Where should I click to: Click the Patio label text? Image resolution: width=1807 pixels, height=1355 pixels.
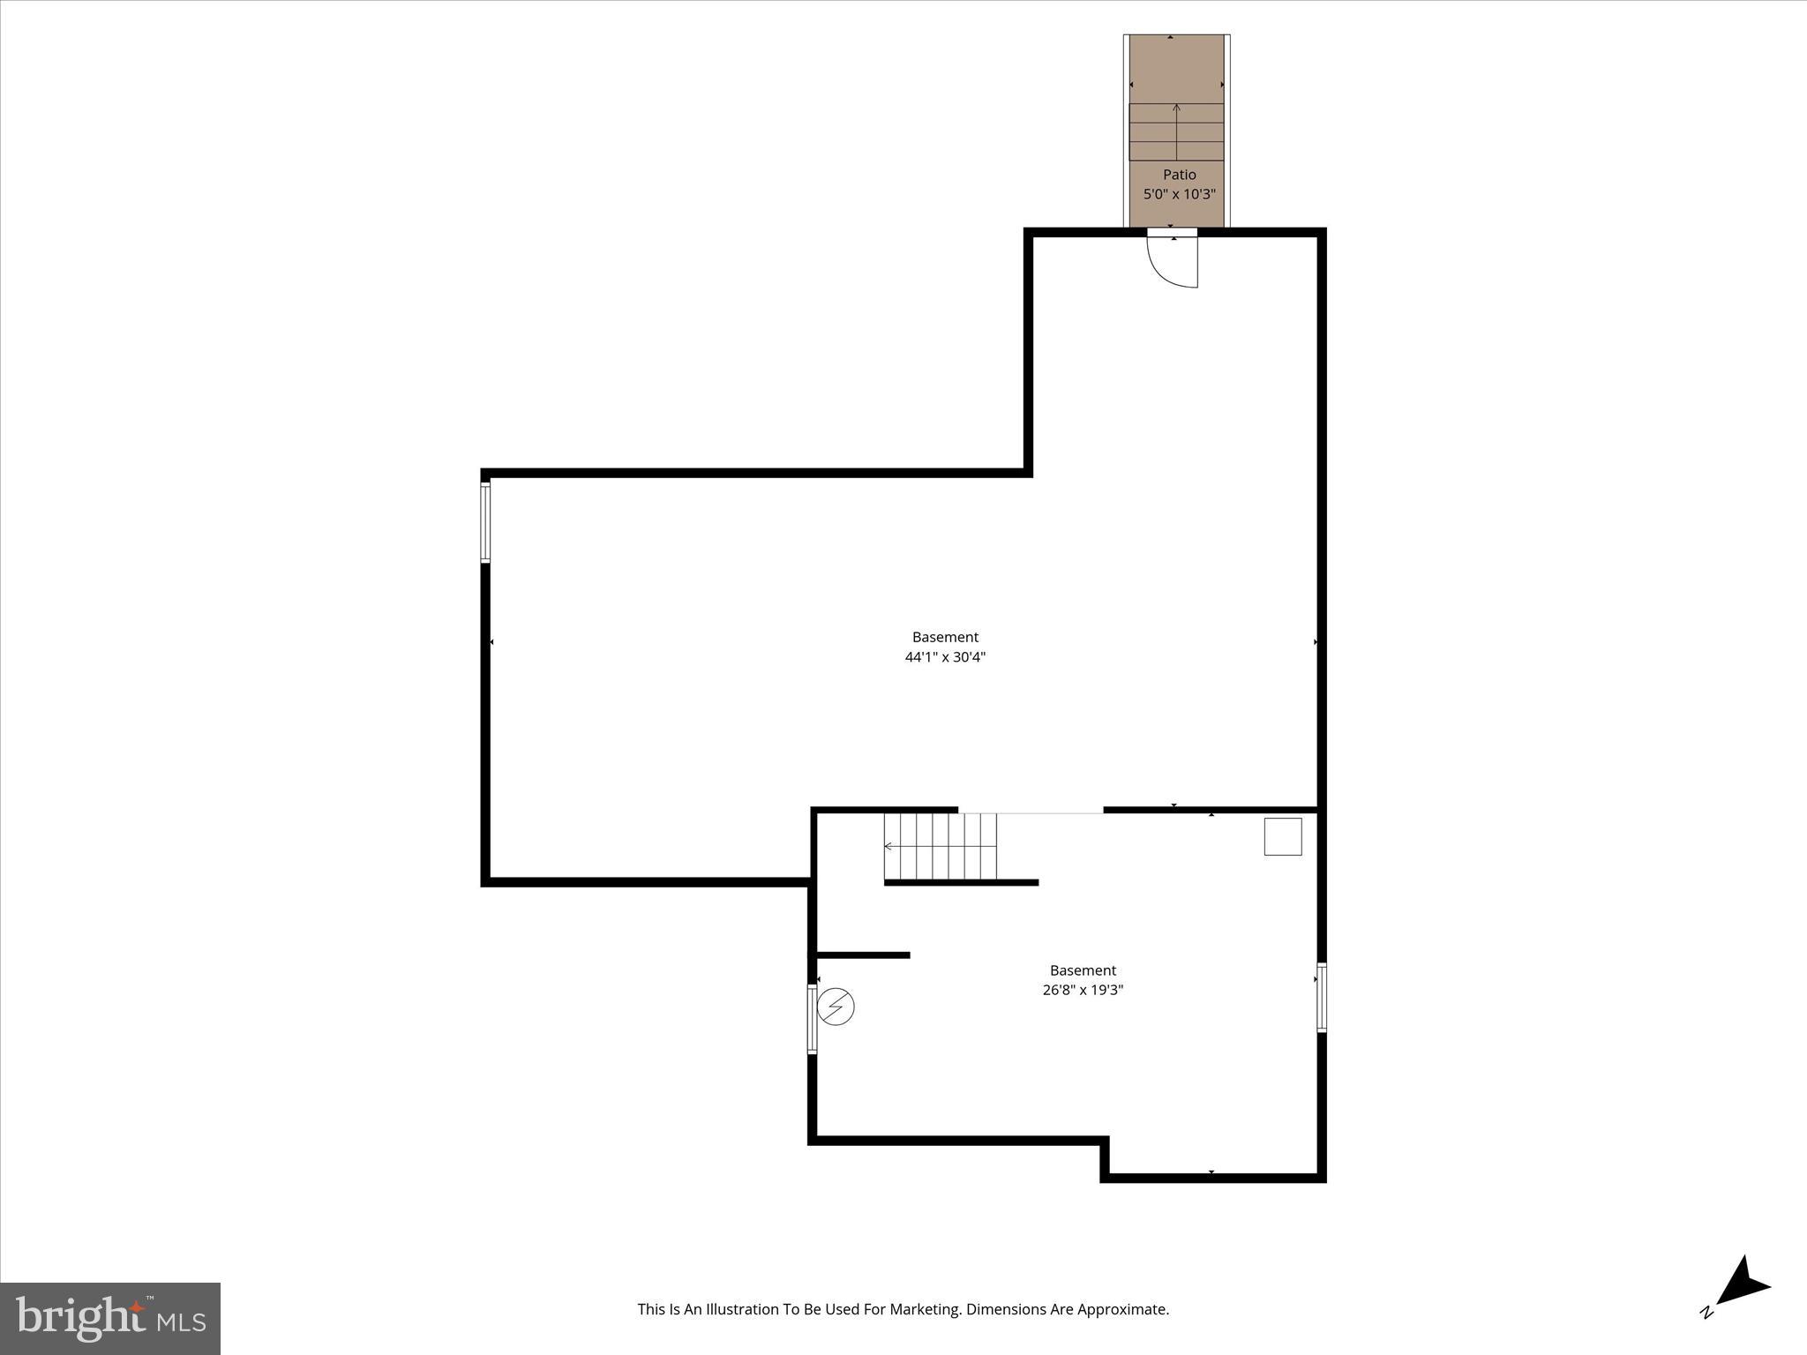point(1179,175)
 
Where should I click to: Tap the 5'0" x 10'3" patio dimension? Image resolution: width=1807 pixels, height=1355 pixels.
point(1179,194)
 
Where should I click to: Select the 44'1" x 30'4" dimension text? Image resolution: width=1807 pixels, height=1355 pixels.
point(945,656)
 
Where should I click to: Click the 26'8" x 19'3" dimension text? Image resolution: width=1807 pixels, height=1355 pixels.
point(1083,990)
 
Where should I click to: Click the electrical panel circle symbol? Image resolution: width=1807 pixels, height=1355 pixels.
point(836,1007)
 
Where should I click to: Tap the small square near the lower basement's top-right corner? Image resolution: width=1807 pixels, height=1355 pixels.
point(1282,836)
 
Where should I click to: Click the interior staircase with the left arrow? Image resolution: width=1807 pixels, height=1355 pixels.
point(941,846)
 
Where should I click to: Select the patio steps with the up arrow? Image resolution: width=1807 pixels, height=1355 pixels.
point(1176,132)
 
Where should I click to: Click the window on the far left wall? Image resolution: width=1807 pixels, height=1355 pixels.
point(485,522)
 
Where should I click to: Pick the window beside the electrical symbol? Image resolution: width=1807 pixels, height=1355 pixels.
point(812,1019)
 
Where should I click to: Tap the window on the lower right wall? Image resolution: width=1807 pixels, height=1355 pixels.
point(1321,998)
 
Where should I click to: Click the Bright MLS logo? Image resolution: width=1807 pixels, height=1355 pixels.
point(110,1318)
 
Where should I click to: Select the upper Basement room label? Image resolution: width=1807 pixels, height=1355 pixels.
point(945,637)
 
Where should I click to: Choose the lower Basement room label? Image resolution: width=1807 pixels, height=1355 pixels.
point(1083,970)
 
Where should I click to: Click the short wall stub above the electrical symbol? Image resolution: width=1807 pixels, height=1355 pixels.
point(863,955)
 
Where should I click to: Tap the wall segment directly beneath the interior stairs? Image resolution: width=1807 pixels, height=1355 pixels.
point(961,882)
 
